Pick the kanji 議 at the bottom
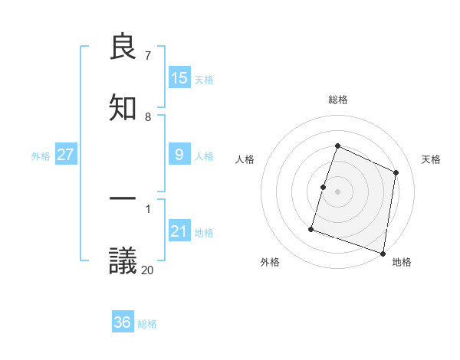tap(123, 260)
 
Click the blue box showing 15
tap(179, 78)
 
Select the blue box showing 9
tap(179, 155)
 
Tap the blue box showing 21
tap(179, 231)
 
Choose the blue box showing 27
tap(66, 155)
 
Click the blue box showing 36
tap(123, 322)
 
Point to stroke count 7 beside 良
tap(148, 56)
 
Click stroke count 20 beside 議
tap(147, 270)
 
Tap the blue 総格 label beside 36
tap(147, 324)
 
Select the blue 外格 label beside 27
tap(41, 156)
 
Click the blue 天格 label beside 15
tap(204, 80)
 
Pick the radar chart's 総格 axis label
tap(337, 100)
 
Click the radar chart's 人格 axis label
tap(245, 159)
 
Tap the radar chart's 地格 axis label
tap(402, 262)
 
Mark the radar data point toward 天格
tap(396, 172)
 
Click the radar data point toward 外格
tap(311, 228)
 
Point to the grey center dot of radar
tap(337, 191)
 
